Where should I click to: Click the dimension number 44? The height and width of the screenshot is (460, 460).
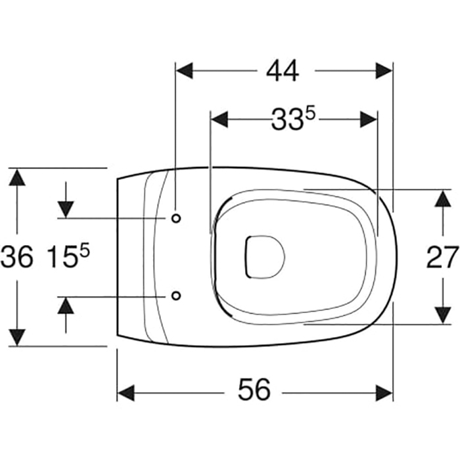pyautogui.click(x=283, y=71)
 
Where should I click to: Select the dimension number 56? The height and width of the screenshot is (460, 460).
pyautogui.click(x=254, y=389)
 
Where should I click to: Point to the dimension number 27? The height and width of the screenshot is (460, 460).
pyautogui.click(x=442, y=258)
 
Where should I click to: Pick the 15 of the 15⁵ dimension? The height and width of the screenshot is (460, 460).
pyautogui.click(x=62, y=257)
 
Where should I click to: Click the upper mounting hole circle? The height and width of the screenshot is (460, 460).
pyautogui.click(x=176, y=218)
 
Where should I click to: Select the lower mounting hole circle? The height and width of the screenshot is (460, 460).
pyautogui.click(x=176, y=296)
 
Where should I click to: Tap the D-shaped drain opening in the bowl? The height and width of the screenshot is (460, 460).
pyautogui.click(x=265, y=257)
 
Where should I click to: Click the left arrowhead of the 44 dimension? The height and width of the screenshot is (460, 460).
pyautogui.click(x=184, y=71)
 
